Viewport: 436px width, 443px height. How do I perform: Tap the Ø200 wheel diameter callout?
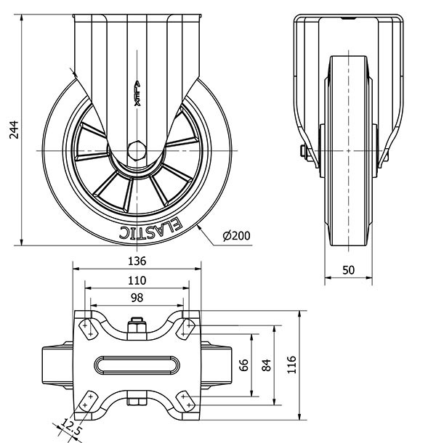pyautogui.click(x=236, y=236)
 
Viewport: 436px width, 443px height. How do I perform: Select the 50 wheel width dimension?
pyautogui.click(x=348, y=270)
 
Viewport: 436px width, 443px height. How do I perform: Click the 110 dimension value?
pyautogui.click(x=137, y=280)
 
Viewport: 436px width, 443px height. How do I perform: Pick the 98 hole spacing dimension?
pyautogui.click(x=137, y=298)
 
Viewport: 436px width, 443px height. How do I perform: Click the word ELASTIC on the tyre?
pyautogui.click(x=150, y=230)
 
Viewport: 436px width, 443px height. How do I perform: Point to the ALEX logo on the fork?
pyautogui.click(x=137, y=94)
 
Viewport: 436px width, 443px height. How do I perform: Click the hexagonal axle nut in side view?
pyautogui.click(x=136, y=151)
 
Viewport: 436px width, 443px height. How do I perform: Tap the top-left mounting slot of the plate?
pyautogui.click(x=86, y=327)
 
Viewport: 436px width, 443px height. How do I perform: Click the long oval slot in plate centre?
pyautogui.click(x=137, y=364)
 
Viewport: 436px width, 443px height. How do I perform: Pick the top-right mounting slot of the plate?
pyautogui.click(x=186, y=327)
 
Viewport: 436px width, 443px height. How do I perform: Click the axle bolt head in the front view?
pyautogui.click(x=302, y=153)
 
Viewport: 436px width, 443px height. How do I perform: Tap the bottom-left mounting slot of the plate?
pyautogui.click(x=87, y=399)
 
